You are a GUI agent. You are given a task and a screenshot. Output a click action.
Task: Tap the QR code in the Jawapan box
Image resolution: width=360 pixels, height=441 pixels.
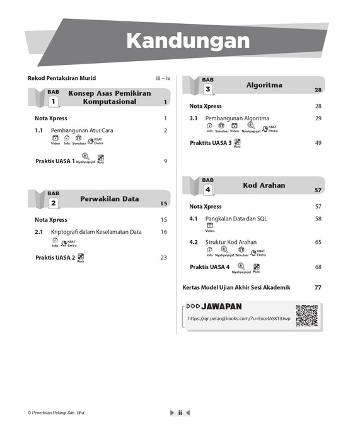(306, 315)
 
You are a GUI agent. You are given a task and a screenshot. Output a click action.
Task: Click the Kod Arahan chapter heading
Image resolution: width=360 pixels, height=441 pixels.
(264, 185)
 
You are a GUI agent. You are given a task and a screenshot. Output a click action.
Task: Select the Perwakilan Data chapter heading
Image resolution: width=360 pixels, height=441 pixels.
(109, 199)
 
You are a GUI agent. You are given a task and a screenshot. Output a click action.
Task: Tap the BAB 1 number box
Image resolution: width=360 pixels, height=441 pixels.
(54, 101)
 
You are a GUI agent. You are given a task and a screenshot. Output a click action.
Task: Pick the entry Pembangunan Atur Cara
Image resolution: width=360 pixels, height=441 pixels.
(82, 130)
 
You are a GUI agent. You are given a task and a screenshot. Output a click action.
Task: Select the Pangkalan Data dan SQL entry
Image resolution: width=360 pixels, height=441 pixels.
(236, 219)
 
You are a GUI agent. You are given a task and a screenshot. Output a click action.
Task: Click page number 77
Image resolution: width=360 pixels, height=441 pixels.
(318, 287)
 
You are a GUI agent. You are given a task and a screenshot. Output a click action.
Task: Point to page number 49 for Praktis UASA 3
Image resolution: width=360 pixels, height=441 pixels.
(318, 143)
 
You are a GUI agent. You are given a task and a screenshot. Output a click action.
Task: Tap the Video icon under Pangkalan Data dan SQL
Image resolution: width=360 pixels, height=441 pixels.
(210, 227)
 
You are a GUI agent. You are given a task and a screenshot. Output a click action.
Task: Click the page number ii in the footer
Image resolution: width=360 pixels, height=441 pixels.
(180, 413)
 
